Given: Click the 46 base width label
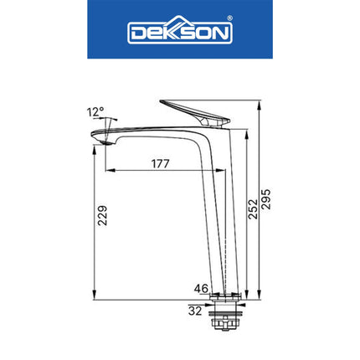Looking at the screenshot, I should point(202,289).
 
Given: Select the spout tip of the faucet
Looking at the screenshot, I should point(100,139).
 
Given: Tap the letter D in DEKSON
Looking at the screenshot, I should point(136,33).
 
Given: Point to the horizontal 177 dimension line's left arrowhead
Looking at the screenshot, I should point(107,171).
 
